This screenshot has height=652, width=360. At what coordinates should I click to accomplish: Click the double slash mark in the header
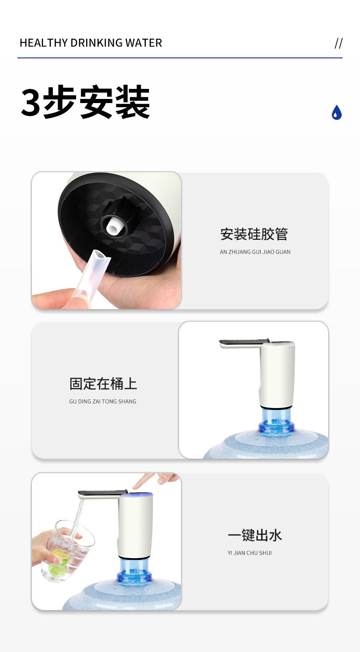[339, 43]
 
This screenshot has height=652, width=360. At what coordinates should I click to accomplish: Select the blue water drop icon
[337, 112]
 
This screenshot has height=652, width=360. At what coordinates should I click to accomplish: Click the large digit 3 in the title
[31, 102]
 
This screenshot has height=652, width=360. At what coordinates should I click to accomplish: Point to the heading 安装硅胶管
[254, 234]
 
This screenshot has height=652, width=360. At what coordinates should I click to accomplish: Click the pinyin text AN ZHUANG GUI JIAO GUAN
[255, 252]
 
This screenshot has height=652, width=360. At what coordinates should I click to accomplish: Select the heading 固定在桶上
[103, 383]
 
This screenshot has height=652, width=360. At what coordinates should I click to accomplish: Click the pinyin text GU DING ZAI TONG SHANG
[103, 401]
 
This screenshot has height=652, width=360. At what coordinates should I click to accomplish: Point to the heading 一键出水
[255, 535]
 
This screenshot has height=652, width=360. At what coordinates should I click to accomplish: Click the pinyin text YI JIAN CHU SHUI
[249, 553]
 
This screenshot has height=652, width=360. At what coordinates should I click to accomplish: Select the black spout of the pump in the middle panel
[244, 342]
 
